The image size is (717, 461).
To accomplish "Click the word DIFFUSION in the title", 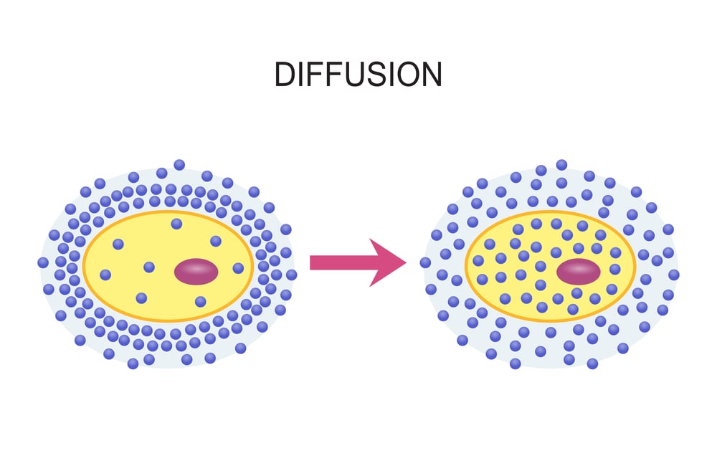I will (358, 74).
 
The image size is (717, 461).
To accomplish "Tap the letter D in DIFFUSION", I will (285, 74).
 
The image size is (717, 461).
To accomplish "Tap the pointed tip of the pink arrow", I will (405, 263).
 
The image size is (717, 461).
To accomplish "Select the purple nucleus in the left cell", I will (196, 272).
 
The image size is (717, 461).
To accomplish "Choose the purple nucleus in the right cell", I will (578, 272).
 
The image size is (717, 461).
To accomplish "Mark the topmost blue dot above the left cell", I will (179, 165).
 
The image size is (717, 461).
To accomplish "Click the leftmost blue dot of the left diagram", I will (43, 262).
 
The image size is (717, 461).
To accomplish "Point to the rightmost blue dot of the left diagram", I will (291, 275).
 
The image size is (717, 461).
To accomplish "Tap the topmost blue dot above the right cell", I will (561, 165).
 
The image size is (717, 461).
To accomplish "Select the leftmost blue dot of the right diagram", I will (425, 262).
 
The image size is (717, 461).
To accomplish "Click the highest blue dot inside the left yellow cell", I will (176, 224).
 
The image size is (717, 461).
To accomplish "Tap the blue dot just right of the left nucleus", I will (238, 268).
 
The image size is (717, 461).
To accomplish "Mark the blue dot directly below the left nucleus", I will (201, 302).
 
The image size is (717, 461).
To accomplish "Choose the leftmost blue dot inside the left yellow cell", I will (105, 275).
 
